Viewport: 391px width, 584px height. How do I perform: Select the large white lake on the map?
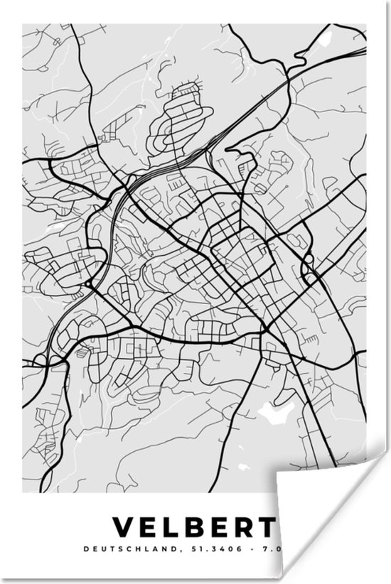[x=274, y=410]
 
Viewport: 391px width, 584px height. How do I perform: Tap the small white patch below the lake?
[x=243, y=467]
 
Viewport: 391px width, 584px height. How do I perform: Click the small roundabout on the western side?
[x=88, y=284]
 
